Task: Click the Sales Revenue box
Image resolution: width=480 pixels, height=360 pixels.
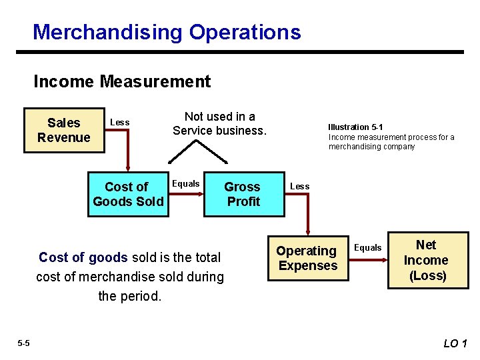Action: click(63, 130)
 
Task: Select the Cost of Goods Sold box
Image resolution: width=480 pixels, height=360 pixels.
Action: click(127, 194)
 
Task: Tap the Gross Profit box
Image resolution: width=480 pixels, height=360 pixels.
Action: click(243, 194)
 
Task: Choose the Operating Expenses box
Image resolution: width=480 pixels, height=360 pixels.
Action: click(307, 258)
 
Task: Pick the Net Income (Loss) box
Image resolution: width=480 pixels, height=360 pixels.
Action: click(427, 260)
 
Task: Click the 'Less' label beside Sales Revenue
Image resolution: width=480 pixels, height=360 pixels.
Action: click(119, 122)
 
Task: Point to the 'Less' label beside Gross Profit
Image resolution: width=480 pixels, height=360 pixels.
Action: click(299, 186)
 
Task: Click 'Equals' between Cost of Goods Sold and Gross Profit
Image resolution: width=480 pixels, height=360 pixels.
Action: click(186, 183)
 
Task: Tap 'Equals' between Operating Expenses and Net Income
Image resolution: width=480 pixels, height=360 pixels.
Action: click(367, 247)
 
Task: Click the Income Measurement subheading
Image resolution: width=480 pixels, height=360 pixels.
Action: click(122, 82)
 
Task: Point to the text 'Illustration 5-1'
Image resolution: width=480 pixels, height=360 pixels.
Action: click(355, 127)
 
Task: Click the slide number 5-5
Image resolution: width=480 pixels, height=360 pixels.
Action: click(23, 343)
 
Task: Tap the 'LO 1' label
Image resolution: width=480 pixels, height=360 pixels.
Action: click(455, 343)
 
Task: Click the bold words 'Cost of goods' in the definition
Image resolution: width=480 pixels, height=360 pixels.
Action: click(83, 257)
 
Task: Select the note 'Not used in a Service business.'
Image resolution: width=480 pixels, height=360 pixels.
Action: click(219, 123)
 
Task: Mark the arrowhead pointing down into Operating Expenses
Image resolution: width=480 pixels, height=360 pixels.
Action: click(307, 231)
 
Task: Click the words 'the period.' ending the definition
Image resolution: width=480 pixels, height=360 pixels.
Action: click(130, 296)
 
